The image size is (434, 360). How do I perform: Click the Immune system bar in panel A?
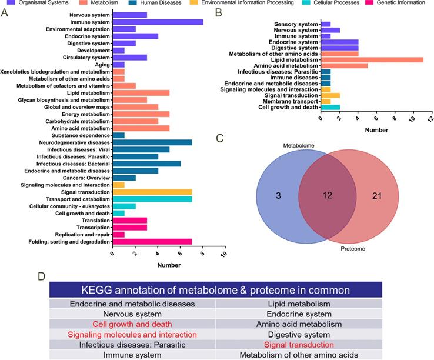point(158,22)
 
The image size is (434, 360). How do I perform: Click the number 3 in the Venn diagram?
point(278,195)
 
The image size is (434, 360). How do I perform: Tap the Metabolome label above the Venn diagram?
point(298,144)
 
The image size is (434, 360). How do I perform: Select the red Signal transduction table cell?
point(299,345)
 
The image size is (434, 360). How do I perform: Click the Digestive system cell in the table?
point(299,334)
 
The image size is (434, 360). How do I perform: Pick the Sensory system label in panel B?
point(296,24)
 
